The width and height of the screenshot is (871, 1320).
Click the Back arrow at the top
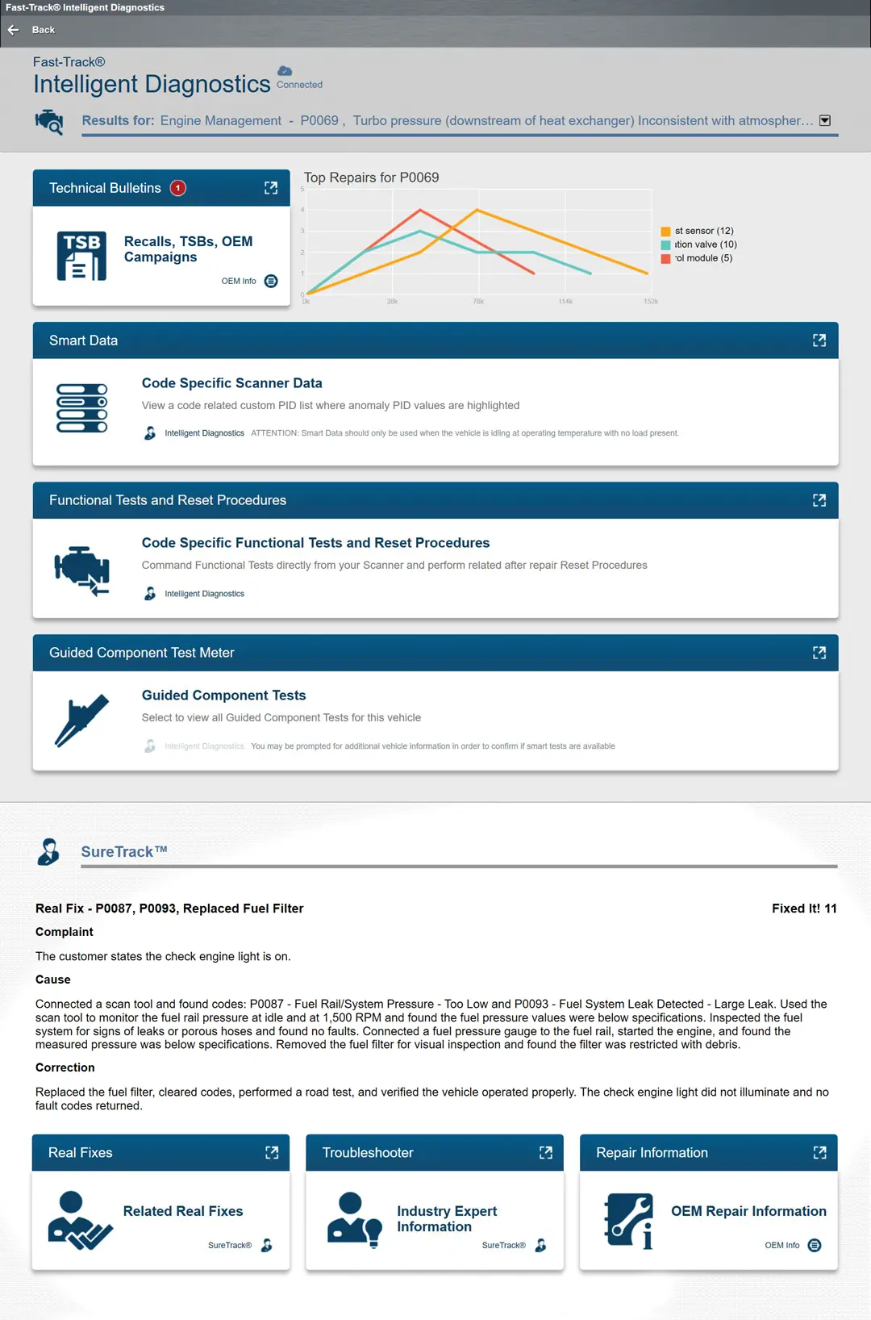point(14,30)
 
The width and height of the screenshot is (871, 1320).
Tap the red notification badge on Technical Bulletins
point(178,188)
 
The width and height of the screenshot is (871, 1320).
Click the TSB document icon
point(81,256)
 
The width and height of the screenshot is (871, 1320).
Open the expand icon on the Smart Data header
point(819,340)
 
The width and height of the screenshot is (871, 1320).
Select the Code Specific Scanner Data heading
point(231,383)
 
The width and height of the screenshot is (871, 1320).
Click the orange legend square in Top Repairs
point(665,232)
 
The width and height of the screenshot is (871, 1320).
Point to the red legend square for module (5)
point(665,259)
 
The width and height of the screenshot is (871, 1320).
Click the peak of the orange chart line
point(477,210)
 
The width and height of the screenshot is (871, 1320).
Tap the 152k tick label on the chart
point(651,302)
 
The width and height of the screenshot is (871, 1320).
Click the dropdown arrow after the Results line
point(825,120)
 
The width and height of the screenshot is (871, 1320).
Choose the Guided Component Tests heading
point(223,696)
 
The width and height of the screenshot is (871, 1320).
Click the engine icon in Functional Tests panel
point(81,570)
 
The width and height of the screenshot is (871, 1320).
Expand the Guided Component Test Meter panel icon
point(819,653)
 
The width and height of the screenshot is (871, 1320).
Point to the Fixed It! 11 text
point(803,909)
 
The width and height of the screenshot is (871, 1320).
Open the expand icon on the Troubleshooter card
point(546,1153)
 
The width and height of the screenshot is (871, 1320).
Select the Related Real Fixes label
point(183,1211)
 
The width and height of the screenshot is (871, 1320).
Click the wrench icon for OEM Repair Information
point(629,1221)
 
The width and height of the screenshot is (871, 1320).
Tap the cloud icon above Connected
point(285,71)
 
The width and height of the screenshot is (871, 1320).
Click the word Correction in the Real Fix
point(65,1067)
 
